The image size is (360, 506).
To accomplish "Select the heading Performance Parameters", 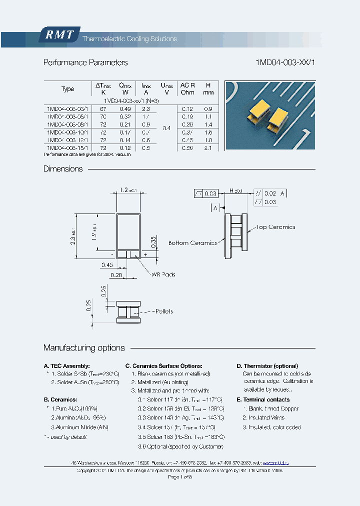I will (x=85, y=62).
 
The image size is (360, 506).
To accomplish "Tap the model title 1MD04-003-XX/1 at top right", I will (x=285, y=62).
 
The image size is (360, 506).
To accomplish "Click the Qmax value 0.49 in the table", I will (x=124, y=109).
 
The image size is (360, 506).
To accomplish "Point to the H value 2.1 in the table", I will (x=208, y=148).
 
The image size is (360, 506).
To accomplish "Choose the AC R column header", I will (x=187, y=85).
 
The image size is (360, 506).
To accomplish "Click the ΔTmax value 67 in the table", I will (x=103, y=109).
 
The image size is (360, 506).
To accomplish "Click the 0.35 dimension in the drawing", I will (x=154, y=241).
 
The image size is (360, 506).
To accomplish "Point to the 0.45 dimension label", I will (x=106, y=265).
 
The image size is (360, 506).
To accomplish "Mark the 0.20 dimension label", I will (x=116, y=275).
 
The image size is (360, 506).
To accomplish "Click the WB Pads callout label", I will (x=164, y=274).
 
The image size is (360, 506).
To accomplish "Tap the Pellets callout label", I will (x=161, y=311).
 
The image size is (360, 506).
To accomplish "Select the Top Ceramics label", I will (x=275, y=227).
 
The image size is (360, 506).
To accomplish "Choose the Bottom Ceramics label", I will (x=192, y=243).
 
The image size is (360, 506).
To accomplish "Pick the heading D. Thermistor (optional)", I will (x=267, y=366).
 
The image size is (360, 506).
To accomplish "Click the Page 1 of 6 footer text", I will (x=180, y=477).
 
